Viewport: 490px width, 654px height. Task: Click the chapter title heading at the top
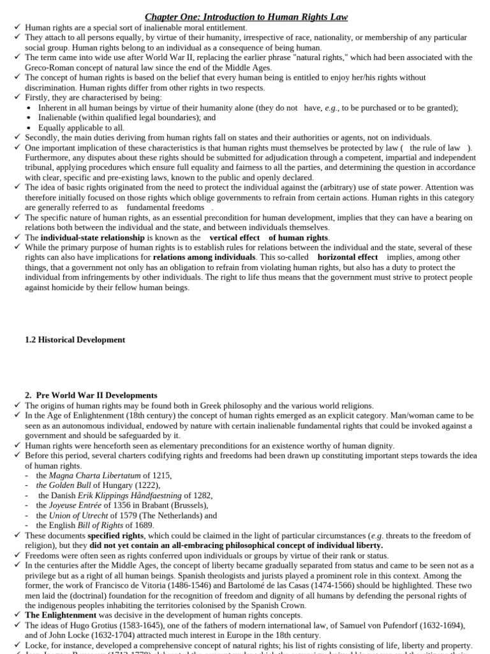point(246,16)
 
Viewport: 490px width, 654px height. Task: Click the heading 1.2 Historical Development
point(75,340)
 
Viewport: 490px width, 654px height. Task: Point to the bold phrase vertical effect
point(234,238)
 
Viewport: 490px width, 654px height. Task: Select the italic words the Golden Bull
point(63,485)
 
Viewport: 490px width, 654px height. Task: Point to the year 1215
point(162,475)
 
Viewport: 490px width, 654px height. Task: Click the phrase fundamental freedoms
point(166,208)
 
